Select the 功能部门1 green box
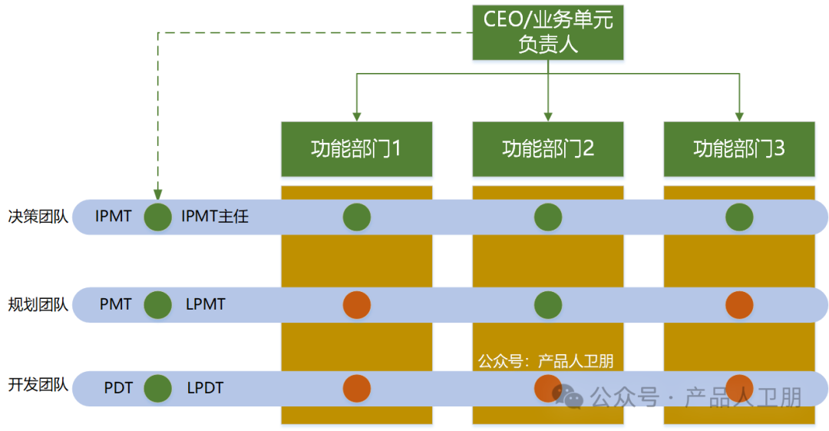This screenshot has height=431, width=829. pyautogui.click(x=356, y=148)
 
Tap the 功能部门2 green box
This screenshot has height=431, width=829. pyautogui.click(x=547, y=148)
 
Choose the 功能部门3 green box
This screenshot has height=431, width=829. pyautogui.click(x=738, y=148)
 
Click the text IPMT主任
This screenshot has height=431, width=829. pyautogui.click(x=215, y=217)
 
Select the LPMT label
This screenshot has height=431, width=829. pyautogui.click(x=206, y=305)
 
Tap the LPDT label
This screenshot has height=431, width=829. pyautogui.click(x=205, y=388)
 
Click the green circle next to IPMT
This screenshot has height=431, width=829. pyautogui.click(x=158, y=217)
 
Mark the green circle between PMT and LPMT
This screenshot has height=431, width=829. pyautogui.click(x=158, y=305)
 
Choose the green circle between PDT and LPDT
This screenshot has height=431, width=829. pyautogui.click(x=158, y=388)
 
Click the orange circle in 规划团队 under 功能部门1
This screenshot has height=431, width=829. pyautogui.click(x=357, y=305)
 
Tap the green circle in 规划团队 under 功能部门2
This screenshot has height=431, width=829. pyautogui.click(x=548, y=305)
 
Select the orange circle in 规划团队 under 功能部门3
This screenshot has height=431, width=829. pyautogui.click(x=739, y=305)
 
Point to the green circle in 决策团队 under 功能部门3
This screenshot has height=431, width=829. pyautogui.click(x=739, y=217)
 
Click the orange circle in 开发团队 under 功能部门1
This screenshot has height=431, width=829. pyautogui.click(x=357, y=388)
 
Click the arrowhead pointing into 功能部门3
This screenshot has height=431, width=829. pyautogui.click(x=739, y=116)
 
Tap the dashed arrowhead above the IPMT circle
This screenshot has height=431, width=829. pyautogui.click(x=158, y=195)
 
